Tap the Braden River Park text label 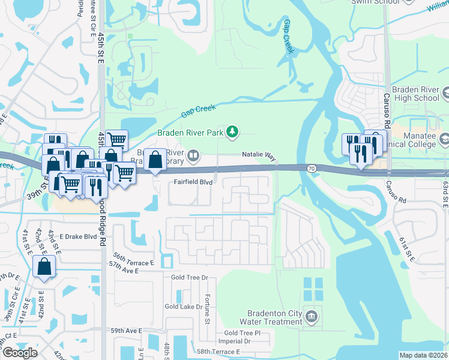190,132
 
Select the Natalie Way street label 259,155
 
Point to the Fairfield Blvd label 193,181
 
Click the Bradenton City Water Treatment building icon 311,316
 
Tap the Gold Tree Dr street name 189,277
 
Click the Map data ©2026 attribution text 423,355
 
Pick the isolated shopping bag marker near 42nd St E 44,267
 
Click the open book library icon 193,157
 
